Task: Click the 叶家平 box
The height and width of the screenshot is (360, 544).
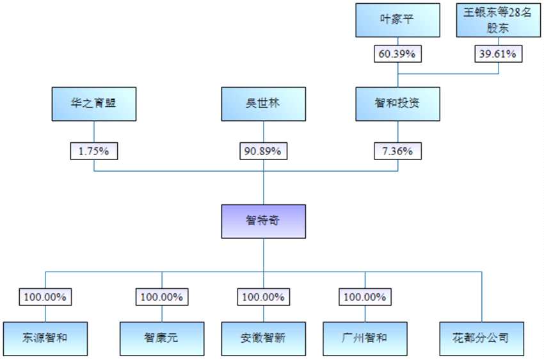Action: coord(397,20)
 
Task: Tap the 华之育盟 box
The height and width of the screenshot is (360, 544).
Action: coord(94,104)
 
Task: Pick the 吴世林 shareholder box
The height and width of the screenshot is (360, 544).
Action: coord(263,104)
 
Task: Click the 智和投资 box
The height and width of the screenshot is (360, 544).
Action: coord(397,104)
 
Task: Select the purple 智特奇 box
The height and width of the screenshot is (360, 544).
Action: coord(263,221)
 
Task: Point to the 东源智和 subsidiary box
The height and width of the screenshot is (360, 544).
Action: coord(45,338)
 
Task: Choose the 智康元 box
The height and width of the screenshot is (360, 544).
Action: coord(162,338)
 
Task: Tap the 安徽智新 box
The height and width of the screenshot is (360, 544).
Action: coord(263,338)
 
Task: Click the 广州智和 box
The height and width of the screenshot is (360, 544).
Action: coord(365,338)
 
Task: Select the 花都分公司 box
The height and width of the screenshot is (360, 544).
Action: coord(481,338)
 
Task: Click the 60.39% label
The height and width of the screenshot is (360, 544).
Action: coord(397,54)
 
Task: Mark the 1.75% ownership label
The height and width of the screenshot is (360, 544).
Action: coord(94,151)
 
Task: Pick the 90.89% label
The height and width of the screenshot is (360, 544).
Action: coord(263,151)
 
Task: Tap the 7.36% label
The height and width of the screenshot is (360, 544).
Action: coord(397,151)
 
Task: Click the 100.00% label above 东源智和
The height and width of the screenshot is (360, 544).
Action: coord(45,297)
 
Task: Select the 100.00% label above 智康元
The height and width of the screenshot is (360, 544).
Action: coord(162,297)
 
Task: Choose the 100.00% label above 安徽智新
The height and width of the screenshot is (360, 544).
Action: coord(263,297)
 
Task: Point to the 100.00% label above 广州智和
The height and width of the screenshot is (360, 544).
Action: coord(365,297)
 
